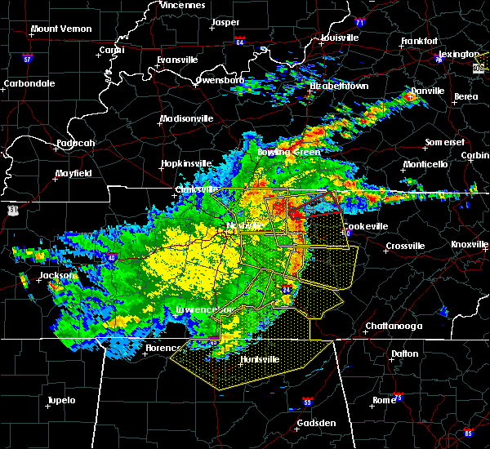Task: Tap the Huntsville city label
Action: pyautogui.click(x=238, y=359)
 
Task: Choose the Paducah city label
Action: pyautogui.click(x=76, y=144)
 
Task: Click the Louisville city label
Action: pyautogui.click(x=336, y=38)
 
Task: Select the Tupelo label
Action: pyautogui.click(x=60, y=400)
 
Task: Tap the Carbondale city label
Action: pyautogui.click(x=29, y=83)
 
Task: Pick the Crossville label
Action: pyautogui.click(x=407, y=246)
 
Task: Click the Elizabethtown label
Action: pyautogui.click(x=339, y=86)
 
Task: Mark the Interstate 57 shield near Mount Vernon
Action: pyautogui.click(x=26, y=59)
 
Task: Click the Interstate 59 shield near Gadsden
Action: pyautogui.click(x=307, y=402)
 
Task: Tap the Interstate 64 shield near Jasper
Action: pyautogui.click(x=240, y=39)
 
